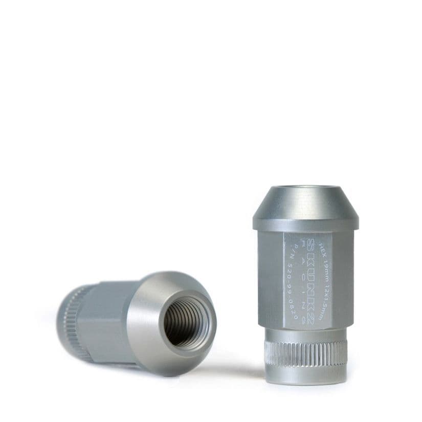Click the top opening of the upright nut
coord(305,188)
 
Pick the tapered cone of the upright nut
coord(305,205)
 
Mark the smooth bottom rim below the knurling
coord(305,373)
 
